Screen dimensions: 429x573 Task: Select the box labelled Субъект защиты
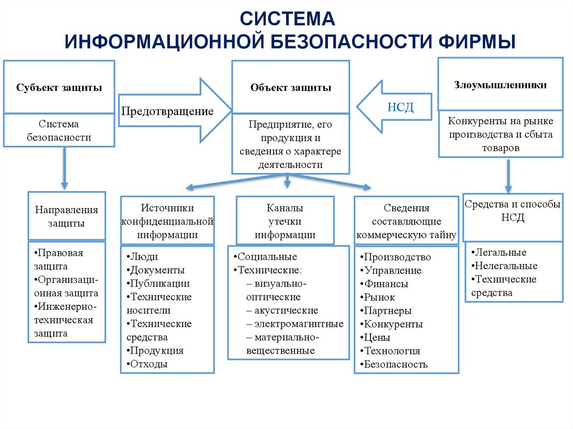pos(59,88)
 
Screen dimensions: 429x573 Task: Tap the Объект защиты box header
pos(290,88)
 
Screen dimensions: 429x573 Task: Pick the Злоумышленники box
pos(500,85)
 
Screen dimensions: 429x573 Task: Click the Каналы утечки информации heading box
pos(285,221)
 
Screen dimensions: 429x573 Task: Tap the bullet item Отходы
pos(148,364)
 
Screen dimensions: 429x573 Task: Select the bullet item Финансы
pos(386,284)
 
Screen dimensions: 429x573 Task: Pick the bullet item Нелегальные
pos(505,266)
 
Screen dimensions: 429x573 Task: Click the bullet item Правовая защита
pos(59,260)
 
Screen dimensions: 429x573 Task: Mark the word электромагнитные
pos(298,324)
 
